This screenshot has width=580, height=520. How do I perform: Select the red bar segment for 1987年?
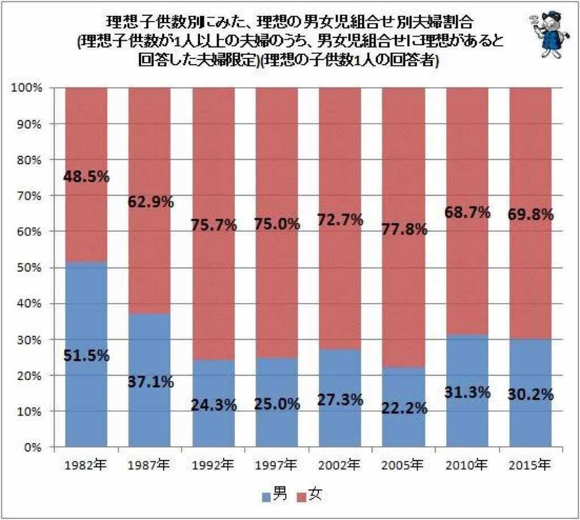[x=150, y=147]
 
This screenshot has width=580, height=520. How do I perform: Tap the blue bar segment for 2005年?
[x=403, y=431]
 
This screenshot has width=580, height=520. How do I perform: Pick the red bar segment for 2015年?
[x=530, y=147]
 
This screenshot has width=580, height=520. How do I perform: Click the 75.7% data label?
[x=213, y=225]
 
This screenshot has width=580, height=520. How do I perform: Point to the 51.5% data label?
[x=86, y=356]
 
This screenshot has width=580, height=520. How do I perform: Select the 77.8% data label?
[x=403, y=231]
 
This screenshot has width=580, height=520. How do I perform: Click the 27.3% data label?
[x=340, y=399]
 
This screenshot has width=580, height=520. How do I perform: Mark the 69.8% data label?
[x=531, y=215]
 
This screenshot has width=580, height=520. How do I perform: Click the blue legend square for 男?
[x=266, y=497]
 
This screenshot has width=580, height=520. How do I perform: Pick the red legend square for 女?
[x=301, y=497]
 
